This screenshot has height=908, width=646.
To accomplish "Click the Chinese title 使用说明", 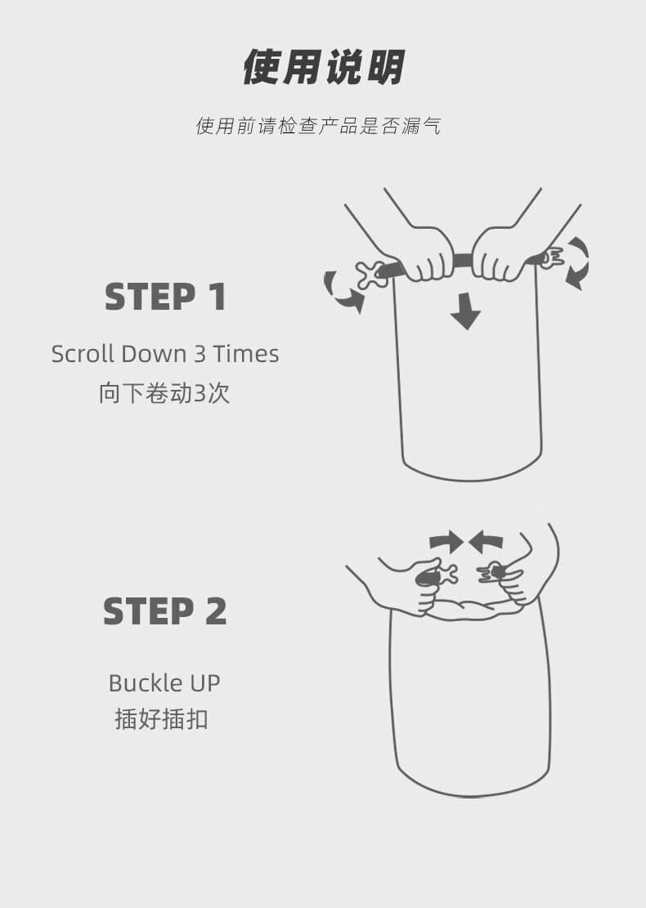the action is coord(323,67).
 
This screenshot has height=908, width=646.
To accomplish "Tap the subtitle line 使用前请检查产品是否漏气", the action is coord(319,125).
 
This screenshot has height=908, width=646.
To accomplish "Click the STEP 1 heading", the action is coord(166,297).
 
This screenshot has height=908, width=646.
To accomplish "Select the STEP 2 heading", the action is coord(165,611).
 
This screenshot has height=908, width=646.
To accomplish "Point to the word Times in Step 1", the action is coord(246,354).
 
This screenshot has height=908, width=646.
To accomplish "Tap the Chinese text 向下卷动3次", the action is coord(164,392).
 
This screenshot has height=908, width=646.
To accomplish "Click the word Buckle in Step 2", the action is coord(146,682).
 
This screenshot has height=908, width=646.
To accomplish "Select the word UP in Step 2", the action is coord(205,683).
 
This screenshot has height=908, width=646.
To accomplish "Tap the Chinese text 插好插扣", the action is coord(161,719).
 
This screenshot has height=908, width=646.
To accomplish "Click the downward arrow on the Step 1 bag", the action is coord(465,311).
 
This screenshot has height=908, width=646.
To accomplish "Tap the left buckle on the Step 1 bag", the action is coord(372,275).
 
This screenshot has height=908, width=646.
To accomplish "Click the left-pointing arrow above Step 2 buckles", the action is coord(486,542).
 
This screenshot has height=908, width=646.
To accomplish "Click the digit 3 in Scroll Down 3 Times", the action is coord(200,354).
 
